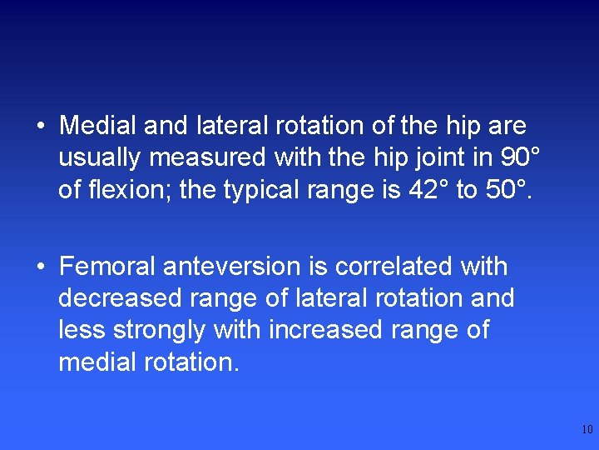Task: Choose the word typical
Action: click(x=267, y=190)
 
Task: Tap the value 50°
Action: click(x=509, y=190)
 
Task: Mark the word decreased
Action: click(x=121, y=298)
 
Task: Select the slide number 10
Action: click(x=587, y=430)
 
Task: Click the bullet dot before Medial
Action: click(x=40, y=127)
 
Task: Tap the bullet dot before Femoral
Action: click(x=40, y=267)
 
